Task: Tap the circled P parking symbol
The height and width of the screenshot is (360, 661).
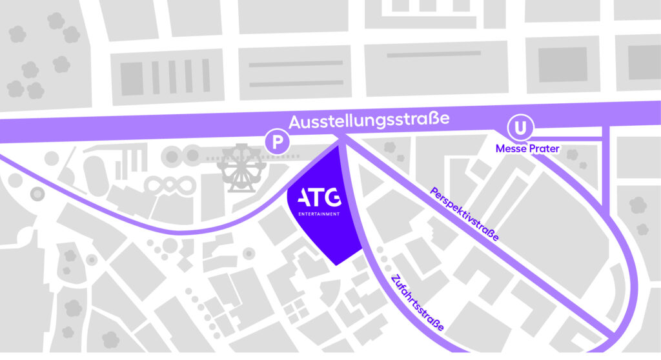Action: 277,143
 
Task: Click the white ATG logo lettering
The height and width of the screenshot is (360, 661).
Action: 316,198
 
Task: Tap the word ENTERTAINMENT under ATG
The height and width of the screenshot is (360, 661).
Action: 316,214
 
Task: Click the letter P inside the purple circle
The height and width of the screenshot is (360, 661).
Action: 277,143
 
